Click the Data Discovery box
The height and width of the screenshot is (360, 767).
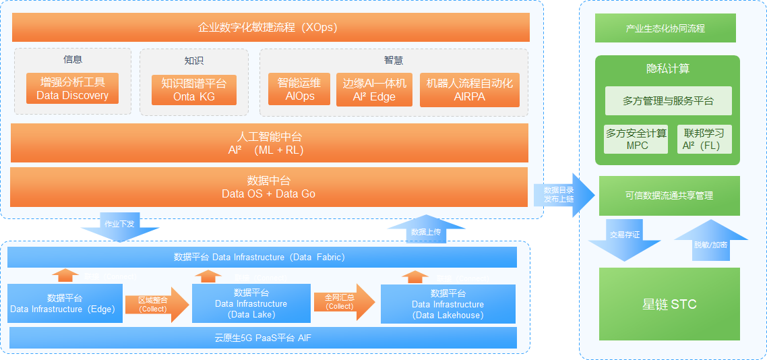[x=72, y=89]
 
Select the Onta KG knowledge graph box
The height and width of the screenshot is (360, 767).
[x=194, y=90]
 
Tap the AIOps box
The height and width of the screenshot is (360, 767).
[x=300, y=90]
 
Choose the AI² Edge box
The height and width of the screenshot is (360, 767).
[x=374, y=90]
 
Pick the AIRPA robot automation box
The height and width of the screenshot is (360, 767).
[x=469, y=90]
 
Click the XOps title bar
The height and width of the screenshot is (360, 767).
[x=271, y=28]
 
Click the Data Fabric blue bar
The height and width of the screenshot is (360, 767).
[x=262, y=257]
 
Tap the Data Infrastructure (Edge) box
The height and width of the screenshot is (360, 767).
[x=65, y=303]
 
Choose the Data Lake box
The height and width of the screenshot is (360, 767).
[x=251, y=303]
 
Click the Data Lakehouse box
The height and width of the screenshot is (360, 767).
[x=448, y=304]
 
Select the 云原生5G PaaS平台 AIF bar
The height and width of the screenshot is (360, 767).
[x=262, y=338]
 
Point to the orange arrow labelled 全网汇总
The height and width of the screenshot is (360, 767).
[x=342, y=301]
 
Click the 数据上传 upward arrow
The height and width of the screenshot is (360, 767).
[x=426, y=230]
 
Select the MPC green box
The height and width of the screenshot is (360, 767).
[x=636, y=139]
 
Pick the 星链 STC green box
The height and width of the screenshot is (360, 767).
[x=669, y=304]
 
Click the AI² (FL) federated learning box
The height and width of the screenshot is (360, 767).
[x=704, y=139]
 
